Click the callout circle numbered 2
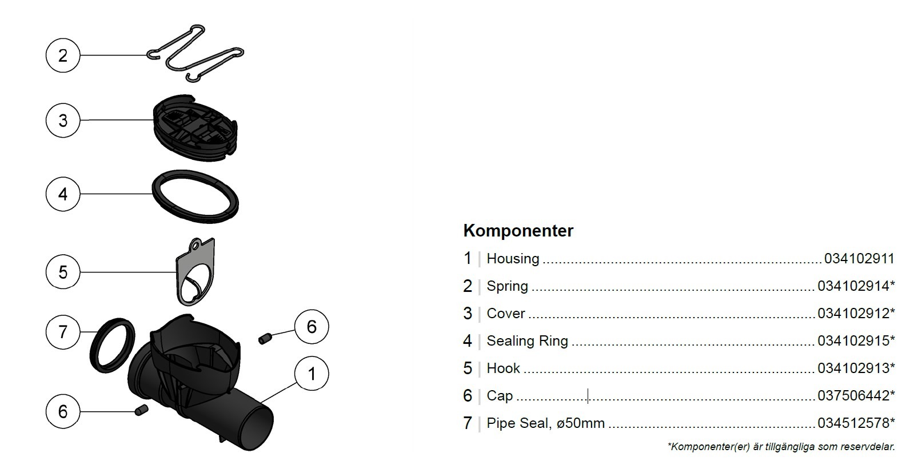[x=63, y=55]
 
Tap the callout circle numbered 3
[x=63, y=121]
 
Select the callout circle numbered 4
[x=63, y=194]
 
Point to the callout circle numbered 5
[x=63, y=272]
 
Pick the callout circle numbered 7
[x=63, y=331]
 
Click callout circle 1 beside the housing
[x=312, y=374]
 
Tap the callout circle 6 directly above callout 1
[x=312, y=327]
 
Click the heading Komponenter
[x=518, y=231]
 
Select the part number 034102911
[x=859, y=259]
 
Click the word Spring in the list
[x=507, y=286]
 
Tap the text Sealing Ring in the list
[x=527, y=341]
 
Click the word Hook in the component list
[x=503, y=368]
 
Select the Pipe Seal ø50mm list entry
[x=545, y=423]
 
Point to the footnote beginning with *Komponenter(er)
[x=781, y=447]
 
